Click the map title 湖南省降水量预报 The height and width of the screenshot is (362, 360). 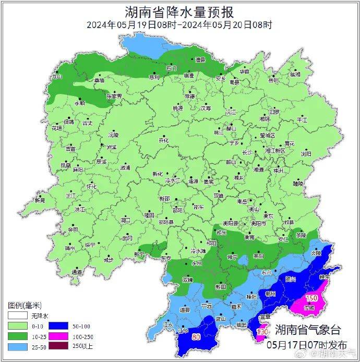tap(179, 11)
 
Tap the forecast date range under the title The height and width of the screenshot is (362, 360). tap(179, 25)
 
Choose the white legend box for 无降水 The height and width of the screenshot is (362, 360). tap(16, 316)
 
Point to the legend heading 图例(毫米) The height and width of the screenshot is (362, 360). tap(25, 305)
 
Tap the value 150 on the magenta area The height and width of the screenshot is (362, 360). tap(311, 298)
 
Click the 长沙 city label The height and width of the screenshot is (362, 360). tap(247, 152)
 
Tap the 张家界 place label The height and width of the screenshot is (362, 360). tap(114, 96)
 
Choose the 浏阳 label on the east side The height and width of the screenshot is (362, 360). tap(305, 154)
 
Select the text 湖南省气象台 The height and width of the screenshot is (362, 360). tap(308, 330)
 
